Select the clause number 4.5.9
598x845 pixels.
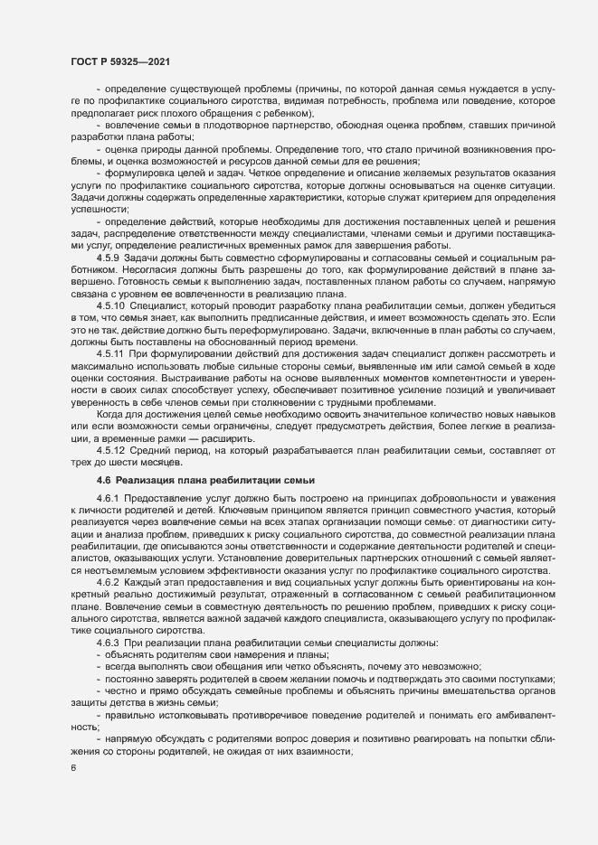point(108,258)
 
